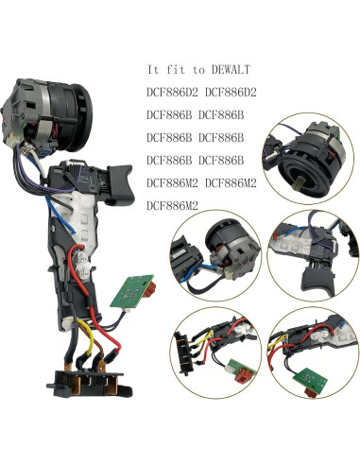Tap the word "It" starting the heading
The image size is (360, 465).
(x=154, y=70)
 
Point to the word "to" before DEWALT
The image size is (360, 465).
(x=196, y=70)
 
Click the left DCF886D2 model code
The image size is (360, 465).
(x=174, y=93)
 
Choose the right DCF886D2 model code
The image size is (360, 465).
(x=235, y=93)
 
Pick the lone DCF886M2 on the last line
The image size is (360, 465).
(x=174, y=204)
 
